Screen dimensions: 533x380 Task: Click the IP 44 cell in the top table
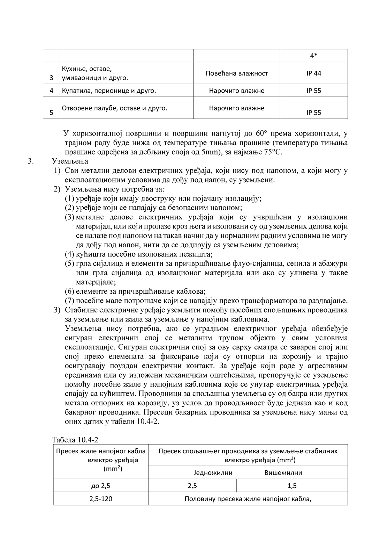click(314, 73)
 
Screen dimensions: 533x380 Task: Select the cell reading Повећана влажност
click(237, 73)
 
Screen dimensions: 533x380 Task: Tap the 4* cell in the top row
click(313, 56)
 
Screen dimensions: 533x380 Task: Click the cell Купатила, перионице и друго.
click(109, 91)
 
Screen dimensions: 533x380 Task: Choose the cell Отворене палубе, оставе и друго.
click(114, 108)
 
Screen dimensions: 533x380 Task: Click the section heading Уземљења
click(70, 161)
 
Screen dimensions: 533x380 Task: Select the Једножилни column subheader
click(213, 473)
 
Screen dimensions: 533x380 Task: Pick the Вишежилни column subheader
click(283, 473)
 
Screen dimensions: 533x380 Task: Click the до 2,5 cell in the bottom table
click(101, 486)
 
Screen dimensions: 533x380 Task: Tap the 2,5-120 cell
click(101, 499)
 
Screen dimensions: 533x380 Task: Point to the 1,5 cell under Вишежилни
click(292, 486)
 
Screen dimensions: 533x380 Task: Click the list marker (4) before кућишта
click(70, 254)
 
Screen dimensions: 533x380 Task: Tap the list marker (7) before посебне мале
click(70, 301)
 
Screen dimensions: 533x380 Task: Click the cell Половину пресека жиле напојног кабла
click(248, 499)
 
